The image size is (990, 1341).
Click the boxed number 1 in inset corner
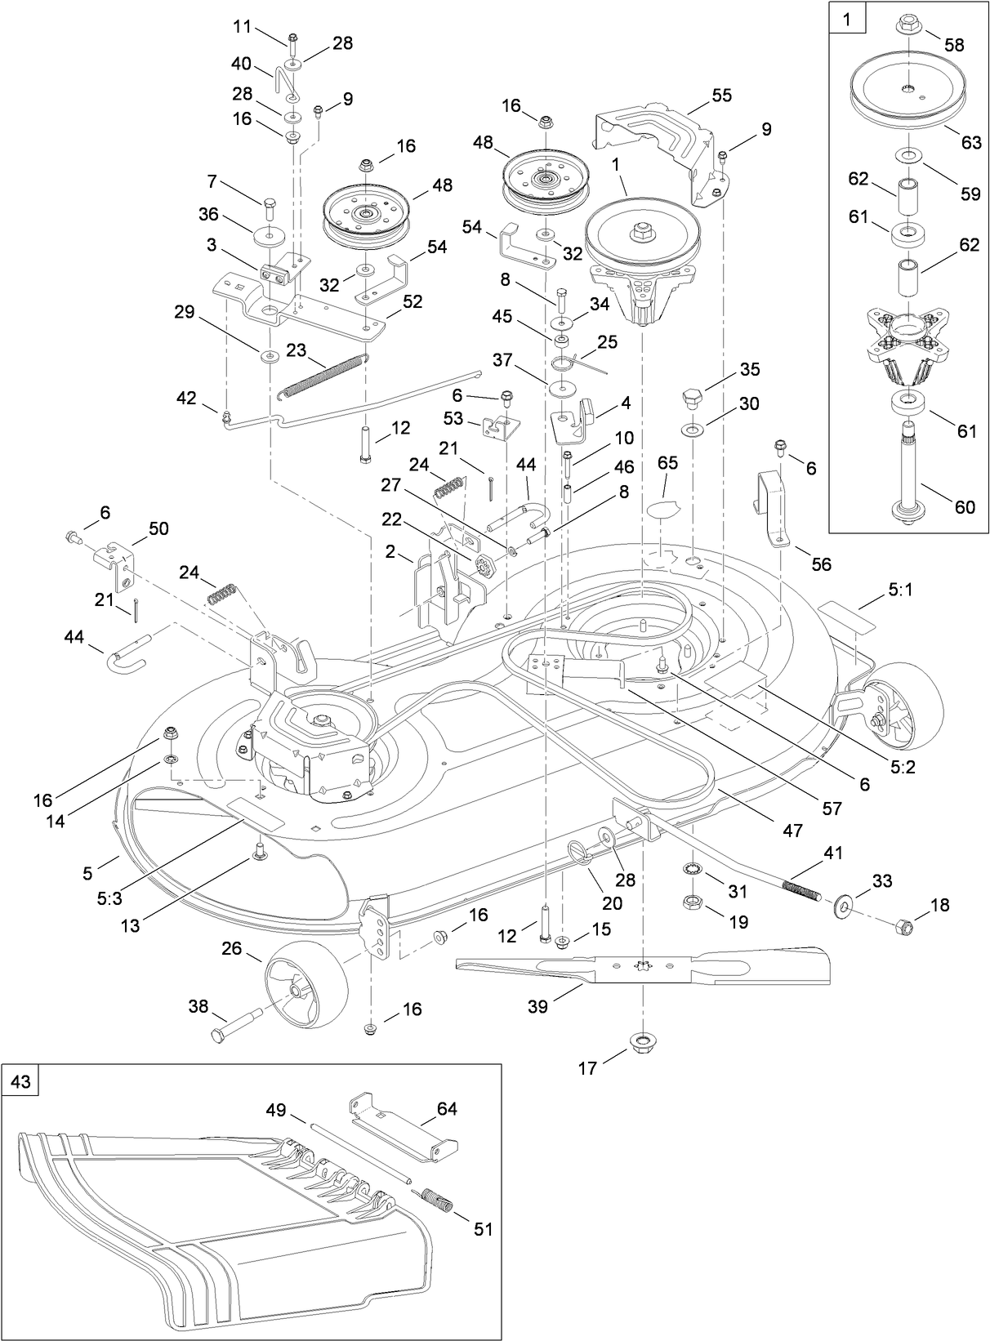pos(845,20)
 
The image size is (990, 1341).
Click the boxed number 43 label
pos(20,1080)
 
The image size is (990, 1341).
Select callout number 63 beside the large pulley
pos(970,142)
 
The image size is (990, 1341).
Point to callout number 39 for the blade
pos(537,1005)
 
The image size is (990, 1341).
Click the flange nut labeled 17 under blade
pos(643,1042)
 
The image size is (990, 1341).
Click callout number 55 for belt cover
pos(721,95)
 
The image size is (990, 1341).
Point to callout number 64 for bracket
pos(447,1108)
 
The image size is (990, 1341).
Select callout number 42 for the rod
pos(186,398)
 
